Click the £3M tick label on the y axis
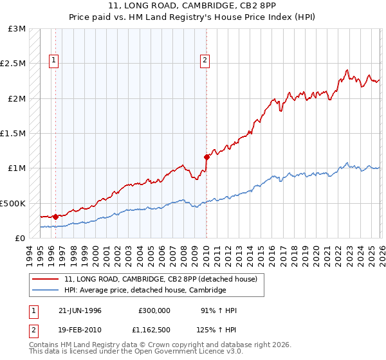[17, 29]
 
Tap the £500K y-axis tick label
[13, 203]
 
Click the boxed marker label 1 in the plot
[53, 60]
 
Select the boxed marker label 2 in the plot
[205, 60]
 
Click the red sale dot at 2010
[207, 157]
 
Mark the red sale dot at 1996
[56, 217]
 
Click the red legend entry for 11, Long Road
[160, 279]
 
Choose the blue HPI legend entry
[145, 291]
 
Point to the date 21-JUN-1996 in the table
[80, 310]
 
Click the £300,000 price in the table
[154, 310]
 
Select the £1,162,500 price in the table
[151, 331]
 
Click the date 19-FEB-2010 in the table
[80, 331]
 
